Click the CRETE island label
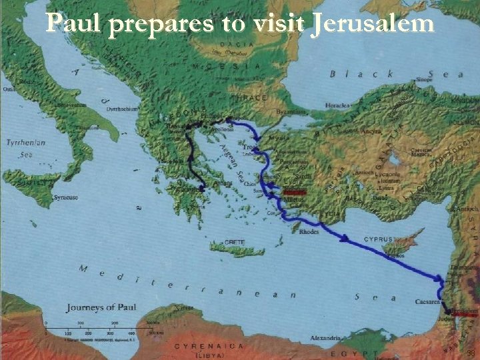tap(234, 242)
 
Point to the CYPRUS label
tap(377, 239)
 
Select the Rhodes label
tap(309, 232)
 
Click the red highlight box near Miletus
tap(293, 192)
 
